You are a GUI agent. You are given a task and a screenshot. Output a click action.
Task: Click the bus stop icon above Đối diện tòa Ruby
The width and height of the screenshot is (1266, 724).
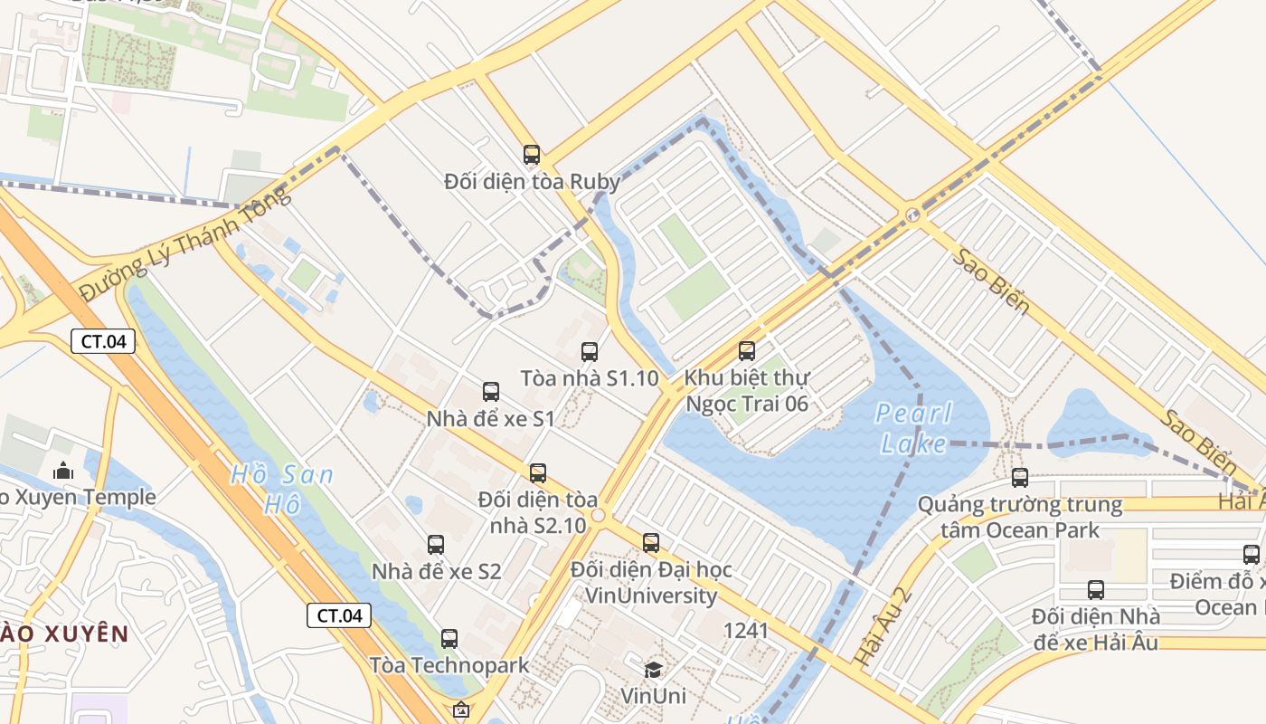click(x=532, y=155)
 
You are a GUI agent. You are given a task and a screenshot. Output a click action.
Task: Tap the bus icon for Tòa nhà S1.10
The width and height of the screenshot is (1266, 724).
click(x=590, y=351)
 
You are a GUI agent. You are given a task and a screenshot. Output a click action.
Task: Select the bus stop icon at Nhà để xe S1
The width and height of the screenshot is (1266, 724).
click(x=491, y=392)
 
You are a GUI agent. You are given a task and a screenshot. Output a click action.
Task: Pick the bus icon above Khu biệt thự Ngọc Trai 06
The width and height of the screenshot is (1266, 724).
click(x=747, y=350)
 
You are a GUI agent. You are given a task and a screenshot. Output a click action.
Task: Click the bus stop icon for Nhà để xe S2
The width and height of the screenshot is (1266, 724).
click(x=436, y=545)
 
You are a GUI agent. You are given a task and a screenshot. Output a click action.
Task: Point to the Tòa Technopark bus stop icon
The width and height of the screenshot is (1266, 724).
click(x=449, y=638)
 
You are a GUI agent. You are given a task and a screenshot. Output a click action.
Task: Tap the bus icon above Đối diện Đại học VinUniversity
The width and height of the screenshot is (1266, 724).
click(x=651, y=543)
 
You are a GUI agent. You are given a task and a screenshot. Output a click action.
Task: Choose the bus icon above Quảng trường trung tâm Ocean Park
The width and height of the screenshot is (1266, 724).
click(x=1020, y=477)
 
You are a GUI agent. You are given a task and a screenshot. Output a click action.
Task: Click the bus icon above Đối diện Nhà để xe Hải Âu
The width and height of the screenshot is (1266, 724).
click(x=1096, y=590)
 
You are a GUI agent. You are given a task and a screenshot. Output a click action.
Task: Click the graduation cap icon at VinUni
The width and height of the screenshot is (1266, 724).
click(x=653, y=670)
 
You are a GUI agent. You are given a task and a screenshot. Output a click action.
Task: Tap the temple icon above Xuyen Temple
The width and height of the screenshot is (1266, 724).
click(x=63, y=471)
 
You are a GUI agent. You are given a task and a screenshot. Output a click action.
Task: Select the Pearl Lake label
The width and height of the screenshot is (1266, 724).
click(x=914, y=428)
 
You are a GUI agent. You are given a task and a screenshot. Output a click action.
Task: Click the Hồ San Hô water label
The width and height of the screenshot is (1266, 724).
click(x=281, y=489)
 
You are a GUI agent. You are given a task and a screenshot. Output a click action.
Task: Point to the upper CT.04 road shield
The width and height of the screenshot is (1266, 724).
click(x=103, y=341)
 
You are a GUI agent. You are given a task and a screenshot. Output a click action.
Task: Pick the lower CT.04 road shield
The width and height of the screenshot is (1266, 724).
click(x=339, y=615)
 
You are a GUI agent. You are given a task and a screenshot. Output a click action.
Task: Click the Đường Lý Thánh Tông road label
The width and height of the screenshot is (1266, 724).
click(x=185, y=243)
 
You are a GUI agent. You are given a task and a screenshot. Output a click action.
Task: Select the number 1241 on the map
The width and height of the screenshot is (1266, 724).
click(x=745, y=630)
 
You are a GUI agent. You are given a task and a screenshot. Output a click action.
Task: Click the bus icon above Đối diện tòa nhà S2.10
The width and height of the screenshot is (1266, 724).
click(x=538, y=472)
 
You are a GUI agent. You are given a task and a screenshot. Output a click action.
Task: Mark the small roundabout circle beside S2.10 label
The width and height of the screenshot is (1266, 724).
click(x=598, y=515)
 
